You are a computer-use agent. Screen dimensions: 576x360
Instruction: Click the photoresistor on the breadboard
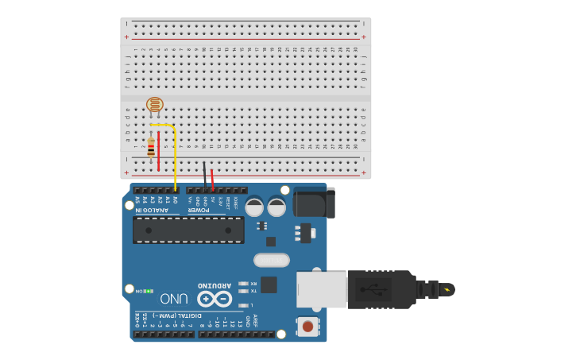coord(155,104)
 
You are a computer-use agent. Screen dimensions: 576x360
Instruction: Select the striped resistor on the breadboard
coord(151,149)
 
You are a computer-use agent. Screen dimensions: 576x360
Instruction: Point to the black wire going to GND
coord(204,176)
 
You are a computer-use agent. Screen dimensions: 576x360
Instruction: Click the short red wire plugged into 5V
coord(212,180)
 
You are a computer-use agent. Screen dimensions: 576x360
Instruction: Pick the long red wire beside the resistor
coord(159,151)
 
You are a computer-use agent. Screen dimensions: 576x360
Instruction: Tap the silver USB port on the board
coord(321,289)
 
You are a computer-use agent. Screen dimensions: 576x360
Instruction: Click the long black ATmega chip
coord(188,230)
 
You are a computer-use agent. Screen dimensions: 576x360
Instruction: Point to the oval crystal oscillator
coord(272,260)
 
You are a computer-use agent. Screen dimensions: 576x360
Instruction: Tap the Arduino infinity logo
coord(215,298)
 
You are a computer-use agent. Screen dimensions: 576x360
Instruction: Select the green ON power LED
coord(148,291)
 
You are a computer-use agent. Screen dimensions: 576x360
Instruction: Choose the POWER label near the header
coord(199,210)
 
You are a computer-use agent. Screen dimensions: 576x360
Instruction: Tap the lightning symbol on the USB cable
coord(447,288)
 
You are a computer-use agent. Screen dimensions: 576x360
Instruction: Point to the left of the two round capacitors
coord(254,207)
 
